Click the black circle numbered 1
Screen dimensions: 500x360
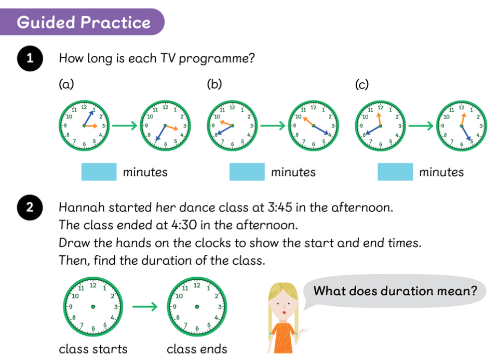(x=30, y=58)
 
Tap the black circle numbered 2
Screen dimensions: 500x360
(x=30, y=207)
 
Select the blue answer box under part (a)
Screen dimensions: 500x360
(x=99, y=172)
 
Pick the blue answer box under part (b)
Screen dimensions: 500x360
(x=247, y=172)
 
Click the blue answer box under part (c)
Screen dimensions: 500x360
(x=395, y=172)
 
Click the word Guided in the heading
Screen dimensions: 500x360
(x=46, y=22)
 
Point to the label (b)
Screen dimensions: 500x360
(x=214, y=84)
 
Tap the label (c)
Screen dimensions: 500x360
(x=362, y=84)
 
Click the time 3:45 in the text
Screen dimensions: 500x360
(x=279, y=207)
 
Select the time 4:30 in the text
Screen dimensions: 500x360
(x=184, y=225)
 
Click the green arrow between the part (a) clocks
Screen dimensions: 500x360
(x=125, y=126)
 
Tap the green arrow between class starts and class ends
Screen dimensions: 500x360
(x=145, y=307)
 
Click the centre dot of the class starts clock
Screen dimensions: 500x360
(x=93, y=307)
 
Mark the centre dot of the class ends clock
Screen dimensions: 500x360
(x=197, y=307)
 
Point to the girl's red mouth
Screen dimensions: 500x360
(x=284, y=312)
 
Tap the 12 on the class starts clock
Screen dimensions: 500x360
(x=93, y=285)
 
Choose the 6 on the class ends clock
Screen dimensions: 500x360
(x=197, y=328)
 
